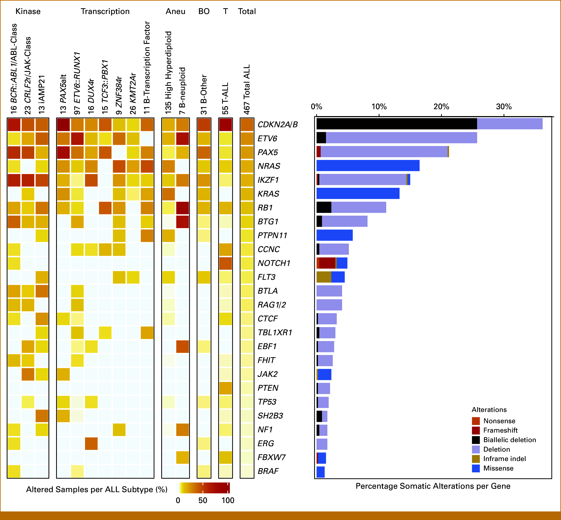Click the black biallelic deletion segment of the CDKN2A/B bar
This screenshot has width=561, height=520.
(397, 124)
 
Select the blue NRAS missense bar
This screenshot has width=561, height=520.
(368, 165)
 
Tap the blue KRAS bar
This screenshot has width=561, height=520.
(358, 193)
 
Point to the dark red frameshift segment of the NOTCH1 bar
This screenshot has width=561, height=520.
(327, 263)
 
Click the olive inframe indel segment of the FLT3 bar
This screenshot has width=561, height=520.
(324, 277)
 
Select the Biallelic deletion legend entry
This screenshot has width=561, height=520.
(504, 440)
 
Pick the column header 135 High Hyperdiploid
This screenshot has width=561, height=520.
(168, 73)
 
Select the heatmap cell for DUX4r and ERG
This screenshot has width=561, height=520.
(91, 443)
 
